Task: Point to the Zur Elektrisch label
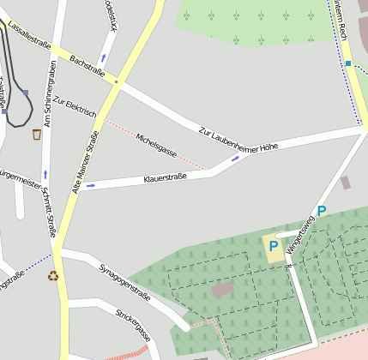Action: [x=75, y=107]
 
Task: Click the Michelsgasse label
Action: [x=156, y=145]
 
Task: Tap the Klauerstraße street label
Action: [x=165, y=178]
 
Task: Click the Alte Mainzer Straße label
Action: [x=85, y=160]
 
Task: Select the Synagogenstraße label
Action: [x=124, y=282]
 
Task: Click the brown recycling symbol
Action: [x=53, y=276]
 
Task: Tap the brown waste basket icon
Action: [x=37, y=135]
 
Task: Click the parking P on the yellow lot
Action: [x=273, y=246]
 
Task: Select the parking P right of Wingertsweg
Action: [x=322, y=211]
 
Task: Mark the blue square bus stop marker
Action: [x=348, y=63]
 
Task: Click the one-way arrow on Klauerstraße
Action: [x=91, y=184]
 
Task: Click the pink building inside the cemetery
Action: [x=222, y=290]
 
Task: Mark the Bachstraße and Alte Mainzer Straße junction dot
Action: [x=115, y=81]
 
